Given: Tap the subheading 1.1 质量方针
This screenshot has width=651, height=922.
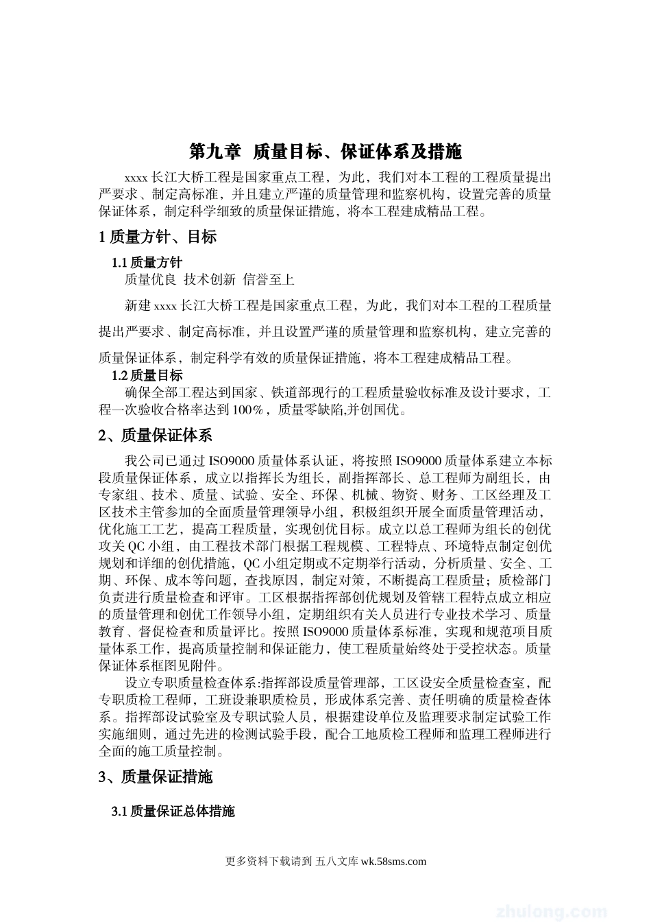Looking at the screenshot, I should pyautogui.click(x=147, y=263).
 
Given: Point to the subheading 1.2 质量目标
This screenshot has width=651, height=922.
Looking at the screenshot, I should pyautogui.click(x=147, y=375).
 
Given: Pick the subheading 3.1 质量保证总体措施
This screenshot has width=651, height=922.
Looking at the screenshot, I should pyautogui.click(x=173, y=812).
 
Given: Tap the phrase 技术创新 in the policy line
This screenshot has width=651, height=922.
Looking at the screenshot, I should pyautogui.click(x=210, y=279).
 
